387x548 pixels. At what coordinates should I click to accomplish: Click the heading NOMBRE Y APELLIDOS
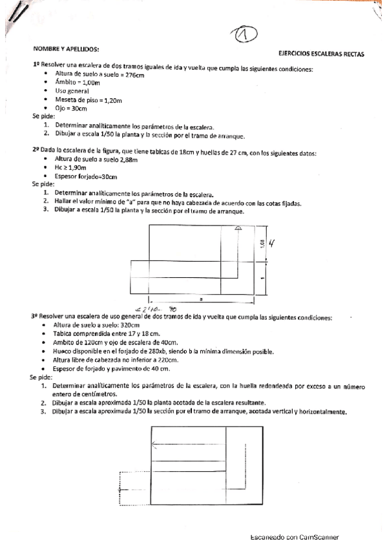coord(67,48)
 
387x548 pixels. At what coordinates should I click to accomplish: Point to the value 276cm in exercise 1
coord(132,76)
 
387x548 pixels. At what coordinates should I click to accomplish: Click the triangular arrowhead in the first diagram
coord(238,227)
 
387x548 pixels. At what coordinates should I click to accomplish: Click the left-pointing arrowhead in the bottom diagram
coord(153,444)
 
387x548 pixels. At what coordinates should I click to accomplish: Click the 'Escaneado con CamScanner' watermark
coord(295,537)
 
